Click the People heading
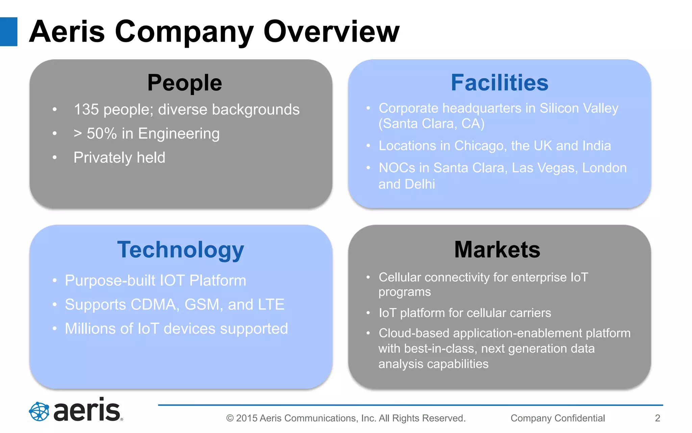pos(184,83)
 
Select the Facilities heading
pos(499,83)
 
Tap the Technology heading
pos(180,250)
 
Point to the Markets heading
pos(497,250)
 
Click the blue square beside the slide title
pos(8,31)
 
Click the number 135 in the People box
pos(86,110)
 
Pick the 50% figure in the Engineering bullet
pos(102,134)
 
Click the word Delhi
pos(420,184)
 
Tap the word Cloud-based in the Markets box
pos(414,333)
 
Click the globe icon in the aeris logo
pos(39,411)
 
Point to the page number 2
pos(657,418)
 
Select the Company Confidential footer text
pos(558,418)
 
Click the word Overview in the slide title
pos(331,31)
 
